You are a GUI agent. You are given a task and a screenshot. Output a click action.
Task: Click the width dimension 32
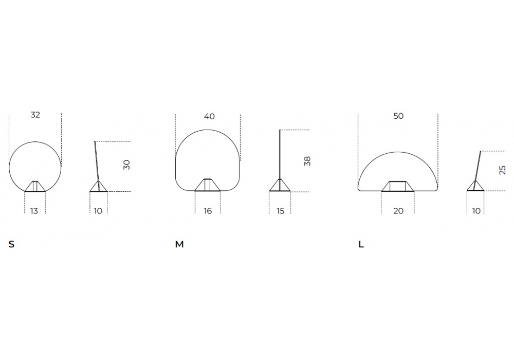pyautogui.click(x=35, y=115)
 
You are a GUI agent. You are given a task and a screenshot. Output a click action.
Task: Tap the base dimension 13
pyautogui.click(x=34, y=211)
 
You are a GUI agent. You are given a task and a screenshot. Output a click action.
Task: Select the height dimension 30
pyautogui.click(x=126, y=165)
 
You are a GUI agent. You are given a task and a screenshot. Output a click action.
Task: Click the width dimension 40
pyautogui.click(x=209, y=116)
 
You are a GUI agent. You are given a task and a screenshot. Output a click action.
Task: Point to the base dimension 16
pyautogui.click(x=208, y=211)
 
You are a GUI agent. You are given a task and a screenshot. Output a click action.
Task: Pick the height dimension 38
pyautogui.click(x=307, y=161)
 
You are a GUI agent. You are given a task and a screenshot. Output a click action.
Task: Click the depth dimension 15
pyautogui.click(x=280, y=211)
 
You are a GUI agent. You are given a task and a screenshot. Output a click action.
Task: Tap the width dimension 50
pyautogui.click(x=398, y=116)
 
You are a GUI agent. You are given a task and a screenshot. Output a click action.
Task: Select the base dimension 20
pyautogui.click(x=398, y=211)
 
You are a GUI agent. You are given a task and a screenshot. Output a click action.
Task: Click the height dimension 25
pyautogui.click(x=502, y=170)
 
